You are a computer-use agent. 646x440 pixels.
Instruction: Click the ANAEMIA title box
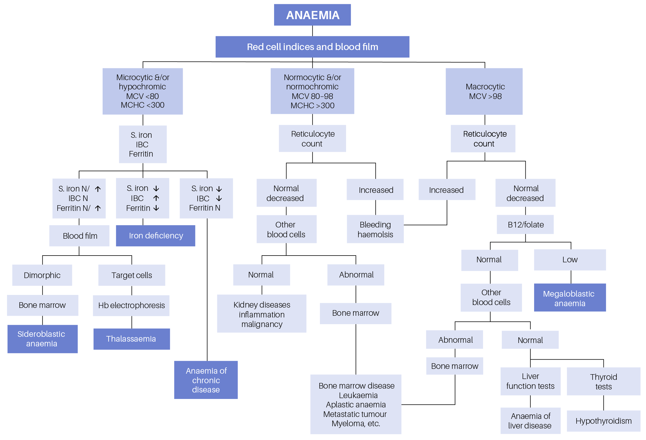click(312, 15)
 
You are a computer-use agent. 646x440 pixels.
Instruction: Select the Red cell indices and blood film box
click(312, 47)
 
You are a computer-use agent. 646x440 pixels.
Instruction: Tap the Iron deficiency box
click(155, 236)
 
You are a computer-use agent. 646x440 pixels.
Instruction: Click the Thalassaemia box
click(131, 339)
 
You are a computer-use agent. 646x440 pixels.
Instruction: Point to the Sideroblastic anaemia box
click(42, 339)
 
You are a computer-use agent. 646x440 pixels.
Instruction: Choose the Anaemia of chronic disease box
click(206, 380)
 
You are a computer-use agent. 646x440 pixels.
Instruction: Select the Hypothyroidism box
click(603, 421)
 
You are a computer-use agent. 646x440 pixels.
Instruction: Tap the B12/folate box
click(525, 225)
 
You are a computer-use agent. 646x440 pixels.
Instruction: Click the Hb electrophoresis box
click(131, 305)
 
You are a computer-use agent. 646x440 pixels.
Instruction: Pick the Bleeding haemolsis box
click(375, 229)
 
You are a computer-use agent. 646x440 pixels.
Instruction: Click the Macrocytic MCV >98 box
click(484, 91)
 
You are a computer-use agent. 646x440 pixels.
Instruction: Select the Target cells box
click(132, 275)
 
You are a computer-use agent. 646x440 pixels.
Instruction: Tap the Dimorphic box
click(42, 275)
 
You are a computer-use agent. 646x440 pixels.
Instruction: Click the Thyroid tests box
click(603, 382)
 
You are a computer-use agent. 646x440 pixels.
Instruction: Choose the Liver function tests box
click(530, 381)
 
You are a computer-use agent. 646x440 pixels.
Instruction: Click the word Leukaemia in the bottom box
click(358, 395)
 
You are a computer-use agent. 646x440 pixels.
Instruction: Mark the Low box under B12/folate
click(570, 260)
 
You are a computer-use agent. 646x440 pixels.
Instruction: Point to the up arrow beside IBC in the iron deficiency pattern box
click(156, 198)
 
